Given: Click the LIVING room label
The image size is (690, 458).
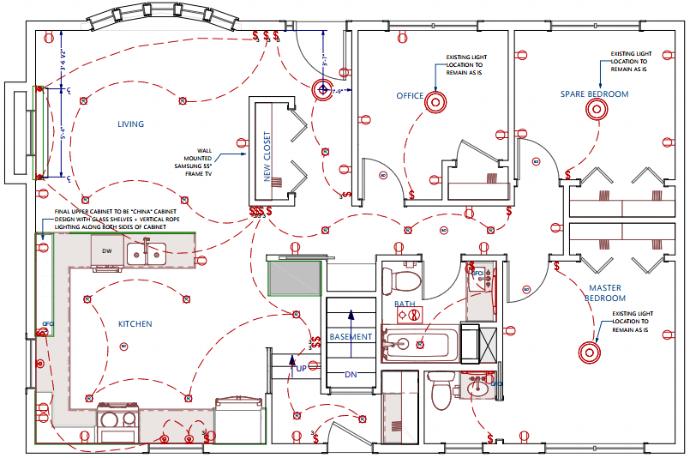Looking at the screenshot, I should click(x=130, y=124).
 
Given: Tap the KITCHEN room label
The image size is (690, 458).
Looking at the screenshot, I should click(x=135, y=323).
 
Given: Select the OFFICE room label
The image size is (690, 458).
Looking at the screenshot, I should click(x=410, y=96).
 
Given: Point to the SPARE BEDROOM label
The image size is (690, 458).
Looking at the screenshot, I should click(x=594, y=93).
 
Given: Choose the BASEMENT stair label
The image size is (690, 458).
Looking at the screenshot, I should click(x=351, y=337).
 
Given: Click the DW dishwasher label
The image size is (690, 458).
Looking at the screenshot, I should click(x=107, y=251).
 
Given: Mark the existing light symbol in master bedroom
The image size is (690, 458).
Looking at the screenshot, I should click(x=588, y=352).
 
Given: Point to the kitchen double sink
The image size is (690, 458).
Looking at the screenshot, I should click(x=147, y=253).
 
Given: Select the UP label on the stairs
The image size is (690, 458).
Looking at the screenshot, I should click(x=301, y=368).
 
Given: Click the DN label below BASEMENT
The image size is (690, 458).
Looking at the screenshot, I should click(x=350, y=375).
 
